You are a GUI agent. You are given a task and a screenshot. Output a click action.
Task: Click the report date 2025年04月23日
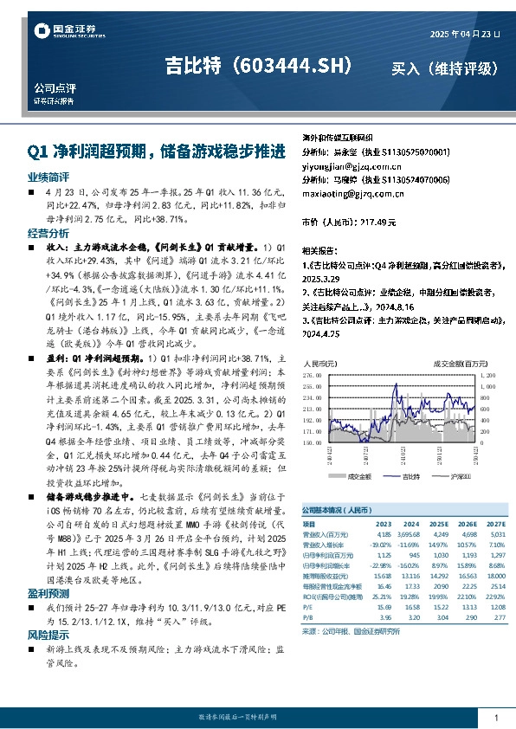pos(464,33)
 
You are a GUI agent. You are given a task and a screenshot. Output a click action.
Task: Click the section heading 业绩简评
pos(45,176)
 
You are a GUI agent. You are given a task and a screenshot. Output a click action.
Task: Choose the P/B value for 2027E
pos(494,618)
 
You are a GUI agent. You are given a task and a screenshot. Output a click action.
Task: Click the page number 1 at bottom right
pos(495,718)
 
